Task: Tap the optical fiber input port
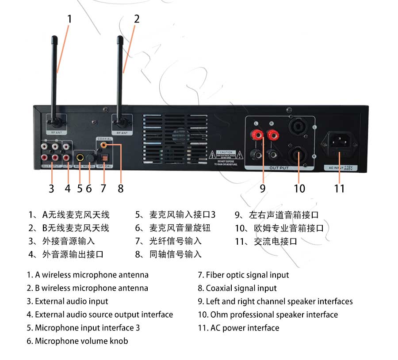coord(105,157)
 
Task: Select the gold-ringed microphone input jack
coord(80,157)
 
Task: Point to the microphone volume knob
coord(89,157)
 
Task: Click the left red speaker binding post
coord(257,133)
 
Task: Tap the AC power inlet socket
coord(339,141)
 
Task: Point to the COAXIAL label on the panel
coord(105,139)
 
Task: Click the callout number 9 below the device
coord(263,188)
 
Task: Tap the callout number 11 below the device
coord(339,188)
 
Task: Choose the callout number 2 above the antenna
coord(137,19)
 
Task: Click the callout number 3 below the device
coord(51,189)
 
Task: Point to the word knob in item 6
coord(119,341)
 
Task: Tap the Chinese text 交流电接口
coord(275,241)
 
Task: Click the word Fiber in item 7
coord(214,275)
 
